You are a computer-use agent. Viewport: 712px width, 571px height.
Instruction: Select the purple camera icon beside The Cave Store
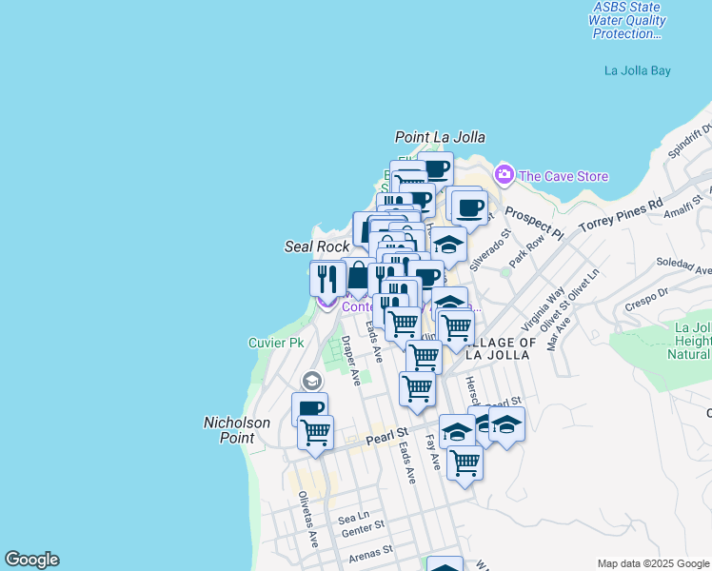point(504,175)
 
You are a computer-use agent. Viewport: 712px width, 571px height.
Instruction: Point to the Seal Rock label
point(317,246)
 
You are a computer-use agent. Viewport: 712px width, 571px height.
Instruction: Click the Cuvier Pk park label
point(275,342)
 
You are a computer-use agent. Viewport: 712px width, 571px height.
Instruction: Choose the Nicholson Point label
point(229,429)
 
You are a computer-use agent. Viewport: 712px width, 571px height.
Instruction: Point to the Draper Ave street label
point(352,361)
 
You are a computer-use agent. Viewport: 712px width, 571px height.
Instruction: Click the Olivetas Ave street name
point(308,518)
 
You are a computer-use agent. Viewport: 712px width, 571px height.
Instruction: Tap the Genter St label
point(363,523)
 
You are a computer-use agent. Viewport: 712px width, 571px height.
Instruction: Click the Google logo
point(31,560)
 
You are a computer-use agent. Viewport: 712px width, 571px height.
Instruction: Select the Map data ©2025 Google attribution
point(652,563)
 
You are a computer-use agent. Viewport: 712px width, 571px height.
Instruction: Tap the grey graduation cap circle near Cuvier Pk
point(310,381)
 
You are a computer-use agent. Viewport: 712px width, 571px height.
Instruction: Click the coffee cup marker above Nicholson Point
point(309,409)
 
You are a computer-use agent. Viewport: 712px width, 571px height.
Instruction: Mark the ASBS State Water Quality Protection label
point(626,20)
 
